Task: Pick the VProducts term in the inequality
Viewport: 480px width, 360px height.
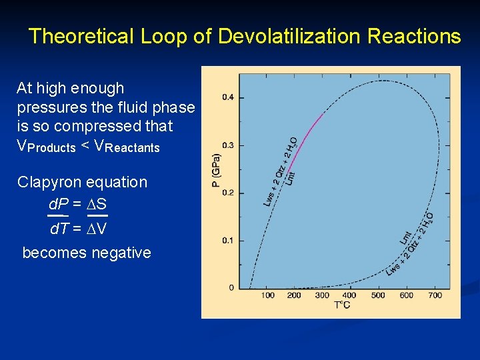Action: (46, 146)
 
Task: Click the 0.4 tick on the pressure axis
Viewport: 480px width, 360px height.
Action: (227, 97)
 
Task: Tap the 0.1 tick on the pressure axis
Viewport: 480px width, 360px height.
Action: (227, 240)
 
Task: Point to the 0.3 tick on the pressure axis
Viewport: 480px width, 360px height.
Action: (227, 145)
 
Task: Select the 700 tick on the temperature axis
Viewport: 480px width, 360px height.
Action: (435, 295)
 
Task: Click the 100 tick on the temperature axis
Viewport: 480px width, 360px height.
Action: (267, 295)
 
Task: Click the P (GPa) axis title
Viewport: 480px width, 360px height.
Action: (216, 171)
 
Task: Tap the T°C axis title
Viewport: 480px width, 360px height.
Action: (342, 305)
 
